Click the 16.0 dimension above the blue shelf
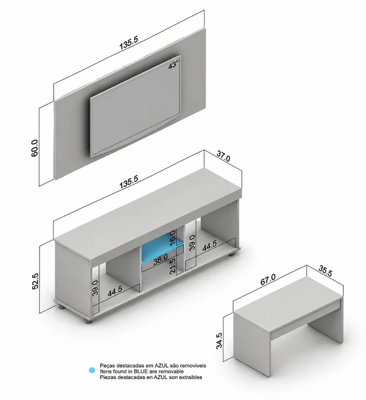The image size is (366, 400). point(173,238)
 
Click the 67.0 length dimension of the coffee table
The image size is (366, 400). point(268,279)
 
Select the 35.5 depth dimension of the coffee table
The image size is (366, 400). point(325,271)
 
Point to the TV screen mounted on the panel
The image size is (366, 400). point(136,106)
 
